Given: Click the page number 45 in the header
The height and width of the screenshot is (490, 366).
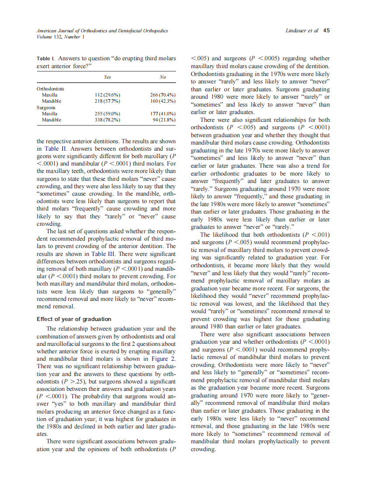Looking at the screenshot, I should (x=326, y=31).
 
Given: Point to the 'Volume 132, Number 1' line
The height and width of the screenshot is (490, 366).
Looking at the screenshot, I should (x=60, y=37).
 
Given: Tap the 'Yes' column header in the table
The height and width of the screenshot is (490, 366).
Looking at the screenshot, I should (x=107, y=77).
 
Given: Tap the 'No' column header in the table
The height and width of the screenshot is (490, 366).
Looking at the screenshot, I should (x=162, y=77).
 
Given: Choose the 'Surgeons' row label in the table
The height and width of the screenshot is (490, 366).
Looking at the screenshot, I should (x=46, y=107).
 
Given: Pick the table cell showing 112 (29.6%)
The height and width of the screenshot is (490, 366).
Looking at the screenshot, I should (x=107, y=95).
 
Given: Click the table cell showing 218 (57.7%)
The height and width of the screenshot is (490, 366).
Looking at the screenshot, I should (x=107, y=101).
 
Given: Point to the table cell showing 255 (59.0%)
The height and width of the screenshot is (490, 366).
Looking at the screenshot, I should (x=107, y=114).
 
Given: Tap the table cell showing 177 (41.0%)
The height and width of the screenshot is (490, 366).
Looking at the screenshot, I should (x=162, y=114).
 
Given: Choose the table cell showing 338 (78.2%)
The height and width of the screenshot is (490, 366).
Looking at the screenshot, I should (x=107, y=120).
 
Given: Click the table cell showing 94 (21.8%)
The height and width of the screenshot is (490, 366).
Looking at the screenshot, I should (x=164, y=120).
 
